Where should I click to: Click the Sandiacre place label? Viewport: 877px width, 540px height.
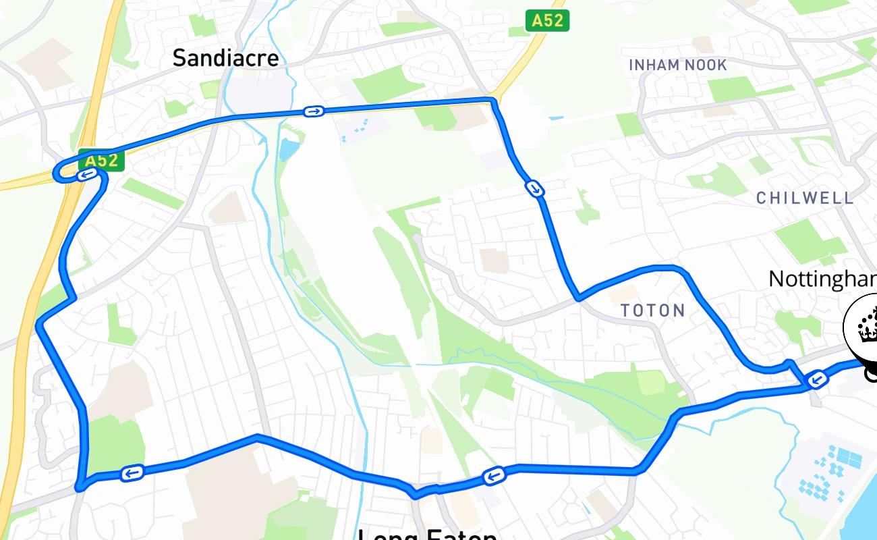[x=225, y=58]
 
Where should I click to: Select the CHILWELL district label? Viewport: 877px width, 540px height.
[x=805, y=198]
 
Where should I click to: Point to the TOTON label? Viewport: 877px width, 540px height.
[x=652, y=310]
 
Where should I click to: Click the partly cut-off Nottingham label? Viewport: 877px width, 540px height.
[x=822, y=279]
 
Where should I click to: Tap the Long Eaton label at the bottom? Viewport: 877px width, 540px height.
[x=427, y=534]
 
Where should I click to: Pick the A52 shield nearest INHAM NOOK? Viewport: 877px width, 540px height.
[x=547, y=21]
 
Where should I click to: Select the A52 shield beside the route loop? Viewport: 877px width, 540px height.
[x=102, y=161]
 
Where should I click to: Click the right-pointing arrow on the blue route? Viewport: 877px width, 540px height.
[x=313, y=111]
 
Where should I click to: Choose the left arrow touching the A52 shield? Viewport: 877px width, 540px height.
[x=86, y=175]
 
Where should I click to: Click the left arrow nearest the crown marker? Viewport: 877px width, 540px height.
[x=817, y=380]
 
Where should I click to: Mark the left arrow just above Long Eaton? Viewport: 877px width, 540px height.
[x=494, y=477]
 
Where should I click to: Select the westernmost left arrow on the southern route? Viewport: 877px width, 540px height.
[x=132, y=473]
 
